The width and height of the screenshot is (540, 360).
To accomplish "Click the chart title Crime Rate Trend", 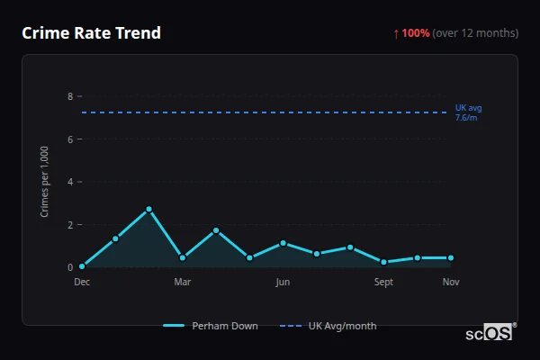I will tap(91, 33).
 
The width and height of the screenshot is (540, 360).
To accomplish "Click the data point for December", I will tap(82, 266).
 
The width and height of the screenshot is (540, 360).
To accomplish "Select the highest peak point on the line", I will tap(149, 209).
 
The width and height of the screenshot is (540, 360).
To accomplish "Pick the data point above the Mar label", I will tap(183, 257).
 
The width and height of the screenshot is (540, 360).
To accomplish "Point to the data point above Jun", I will tap(283, 243).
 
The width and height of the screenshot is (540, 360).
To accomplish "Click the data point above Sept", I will tap(384, 262).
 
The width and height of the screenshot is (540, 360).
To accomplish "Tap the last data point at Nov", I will tap(451, 257).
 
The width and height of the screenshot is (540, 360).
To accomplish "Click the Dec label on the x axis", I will tap(82, 283).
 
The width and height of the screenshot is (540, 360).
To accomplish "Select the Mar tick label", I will tap(183, 283).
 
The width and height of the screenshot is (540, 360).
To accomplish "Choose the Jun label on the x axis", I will tap(283, 283).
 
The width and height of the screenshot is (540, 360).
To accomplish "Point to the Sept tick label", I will tap(384, 283).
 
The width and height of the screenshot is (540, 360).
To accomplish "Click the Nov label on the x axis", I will tap(451, 283).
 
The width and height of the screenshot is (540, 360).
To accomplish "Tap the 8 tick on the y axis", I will tap(69, 96).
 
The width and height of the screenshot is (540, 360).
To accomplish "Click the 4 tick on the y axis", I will tap(69, 182).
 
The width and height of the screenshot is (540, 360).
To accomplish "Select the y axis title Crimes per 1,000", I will tap(45, 182).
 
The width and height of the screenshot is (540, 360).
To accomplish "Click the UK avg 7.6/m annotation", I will tap(468, 112).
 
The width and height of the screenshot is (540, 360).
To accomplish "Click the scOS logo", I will tap(490, 333).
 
